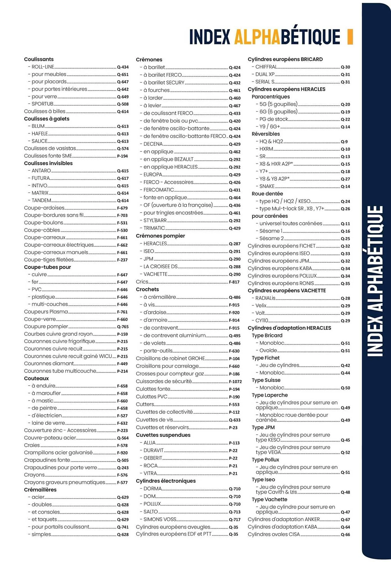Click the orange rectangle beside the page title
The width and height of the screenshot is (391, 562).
point(350,37)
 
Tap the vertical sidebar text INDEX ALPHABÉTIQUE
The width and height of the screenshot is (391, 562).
point(375,281)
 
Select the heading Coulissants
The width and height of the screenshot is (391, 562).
point(39,59)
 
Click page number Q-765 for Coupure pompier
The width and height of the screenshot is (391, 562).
point(123,327)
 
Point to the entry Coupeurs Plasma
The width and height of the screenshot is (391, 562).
point(46,312)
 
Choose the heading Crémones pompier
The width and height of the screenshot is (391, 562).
point(160,236)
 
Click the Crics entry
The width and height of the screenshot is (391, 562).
point(142,282)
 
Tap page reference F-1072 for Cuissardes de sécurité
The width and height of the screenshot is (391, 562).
point(235,382)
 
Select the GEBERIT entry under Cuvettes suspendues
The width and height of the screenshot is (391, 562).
point(153,458)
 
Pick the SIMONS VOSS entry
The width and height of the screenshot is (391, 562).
point(160,519)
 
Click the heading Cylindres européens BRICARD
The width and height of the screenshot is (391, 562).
point(285,59)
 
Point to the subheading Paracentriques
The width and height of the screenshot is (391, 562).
point(271,97)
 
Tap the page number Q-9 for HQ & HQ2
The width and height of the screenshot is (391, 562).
point(344,142)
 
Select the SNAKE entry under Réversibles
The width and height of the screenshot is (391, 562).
point(267,186)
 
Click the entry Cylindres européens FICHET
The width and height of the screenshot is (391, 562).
point(282,246)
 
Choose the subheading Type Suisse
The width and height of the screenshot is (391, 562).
point(266,380)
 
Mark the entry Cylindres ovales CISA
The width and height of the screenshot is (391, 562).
point(274,534)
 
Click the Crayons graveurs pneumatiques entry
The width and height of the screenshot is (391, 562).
point(65,482)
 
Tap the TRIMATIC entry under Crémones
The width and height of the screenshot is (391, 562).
point(154,228)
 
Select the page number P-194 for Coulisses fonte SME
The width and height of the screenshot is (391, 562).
point(122,156)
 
